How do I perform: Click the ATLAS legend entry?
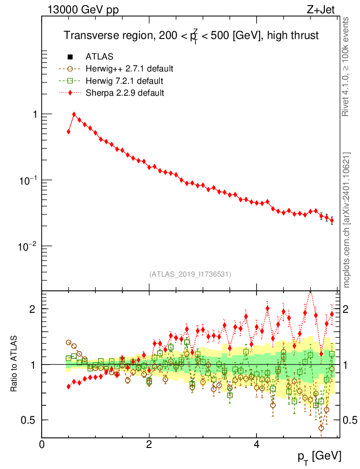(99, 57)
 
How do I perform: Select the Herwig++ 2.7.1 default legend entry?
(129, 69)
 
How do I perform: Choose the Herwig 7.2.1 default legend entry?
(124, 81)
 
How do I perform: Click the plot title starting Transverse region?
(191, 36)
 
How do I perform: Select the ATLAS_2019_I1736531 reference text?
(190, 274)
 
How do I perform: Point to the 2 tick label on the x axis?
(149, 444)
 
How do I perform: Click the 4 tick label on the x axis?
(256, 444)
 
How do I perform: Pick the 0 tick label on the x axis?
(42, 444)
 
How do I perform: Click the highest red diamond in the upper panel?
(74, 115)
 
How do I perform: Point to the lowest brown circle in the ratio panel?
(321, 428)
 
